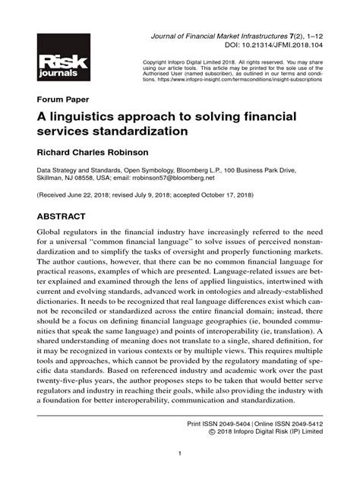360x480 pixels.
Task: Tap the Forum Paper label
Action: (x=63, y=99)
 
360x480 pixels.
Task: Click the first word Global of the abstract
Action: (x=50, y=232)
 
